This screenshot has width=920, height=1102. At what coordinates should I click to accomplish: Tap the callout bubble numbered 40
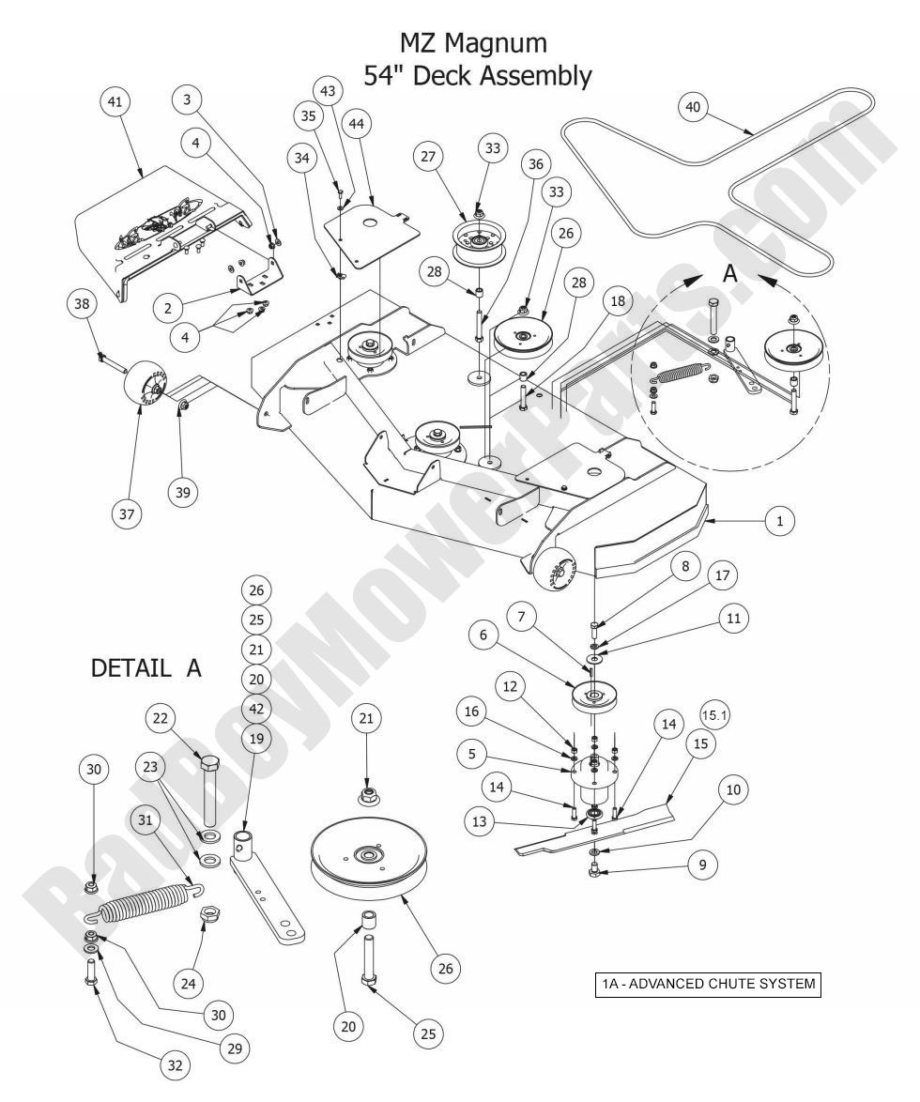point(693,107)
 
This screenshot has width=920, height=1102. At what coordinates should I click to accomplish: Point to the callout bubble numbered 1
point(778,521)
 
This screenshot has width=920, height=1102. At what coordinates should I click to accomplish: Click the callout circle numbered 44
point(356,123)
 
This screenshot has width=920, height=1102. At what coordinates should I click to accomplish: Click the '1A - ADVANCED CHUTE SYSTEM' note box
point(707,986)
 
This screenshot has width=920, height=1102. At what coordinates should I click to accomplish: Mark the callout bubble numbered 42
point(257,707)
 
